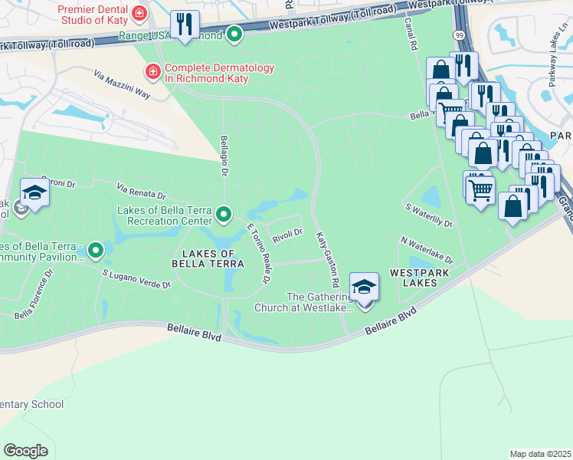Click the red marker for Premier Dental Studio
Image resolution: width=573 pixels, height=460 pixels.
139,12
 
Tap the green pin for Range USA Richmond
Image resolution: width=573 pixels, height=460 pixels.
234,34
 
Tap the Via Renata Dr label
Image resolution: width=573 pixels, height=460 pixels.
141,191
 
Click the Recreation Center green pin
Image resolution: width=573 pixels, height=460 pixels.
224,214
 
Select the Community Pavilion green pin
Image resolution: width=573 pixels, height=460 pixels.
96,249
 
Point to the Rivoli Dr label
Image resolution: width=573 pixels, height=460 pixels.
289,232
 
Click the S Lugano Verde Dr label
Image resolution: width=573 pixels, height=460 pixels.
136,278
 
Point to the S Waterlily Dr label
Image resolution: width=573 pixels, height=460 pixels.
429,215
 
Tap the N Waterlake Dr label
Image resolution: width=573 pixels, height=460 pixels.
427,251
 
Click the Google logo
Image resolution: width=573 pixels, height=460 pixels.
25,451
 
